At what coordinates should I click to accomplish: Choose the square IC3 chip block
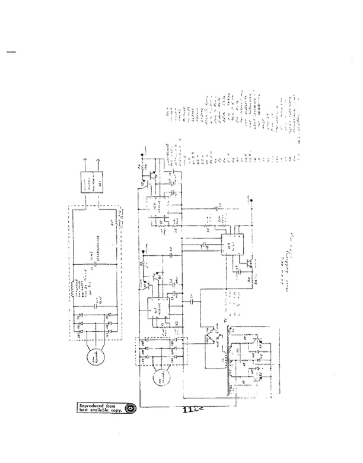coord(231,245)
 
